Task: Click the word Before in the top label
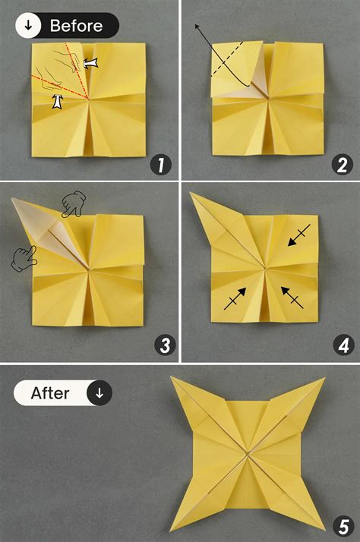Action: [x=76, y=26]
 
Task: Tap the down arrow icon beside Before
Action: [x=29, y=26]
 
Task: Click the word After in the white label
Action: [x=50, y=393]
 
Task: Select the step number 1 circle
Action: [x=159, y=163]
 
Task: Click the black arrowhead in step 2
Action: [x=197, y=27]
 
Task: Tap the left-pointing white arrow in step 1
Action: [x=91, y=65]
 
